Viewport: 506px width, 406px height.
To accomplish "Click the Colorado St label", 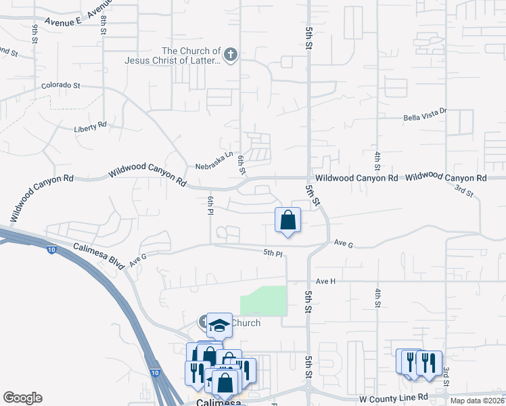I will tap(61, 86).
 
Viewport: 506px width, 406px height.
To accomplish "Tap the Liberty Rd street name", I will tap(90, 126).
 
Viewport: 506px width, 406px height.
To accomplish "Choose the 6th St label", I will tap(241, 164).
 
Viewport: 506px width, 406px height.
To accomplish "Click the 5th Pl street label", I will tap(273, 252).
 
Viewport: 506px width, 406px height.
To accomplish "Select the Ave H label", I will tap(325, 280).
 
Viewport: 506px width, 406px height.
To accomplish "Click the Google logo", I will tap(22, 398).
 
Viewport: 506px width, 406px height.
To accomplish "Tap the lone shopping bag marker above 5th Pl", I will tap(287, 220).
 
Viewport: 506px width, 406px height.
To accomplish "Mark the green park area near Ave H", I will tap(264, 300).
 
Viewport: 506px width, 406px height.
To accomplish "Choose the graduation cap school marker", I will tap(219, 325).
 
